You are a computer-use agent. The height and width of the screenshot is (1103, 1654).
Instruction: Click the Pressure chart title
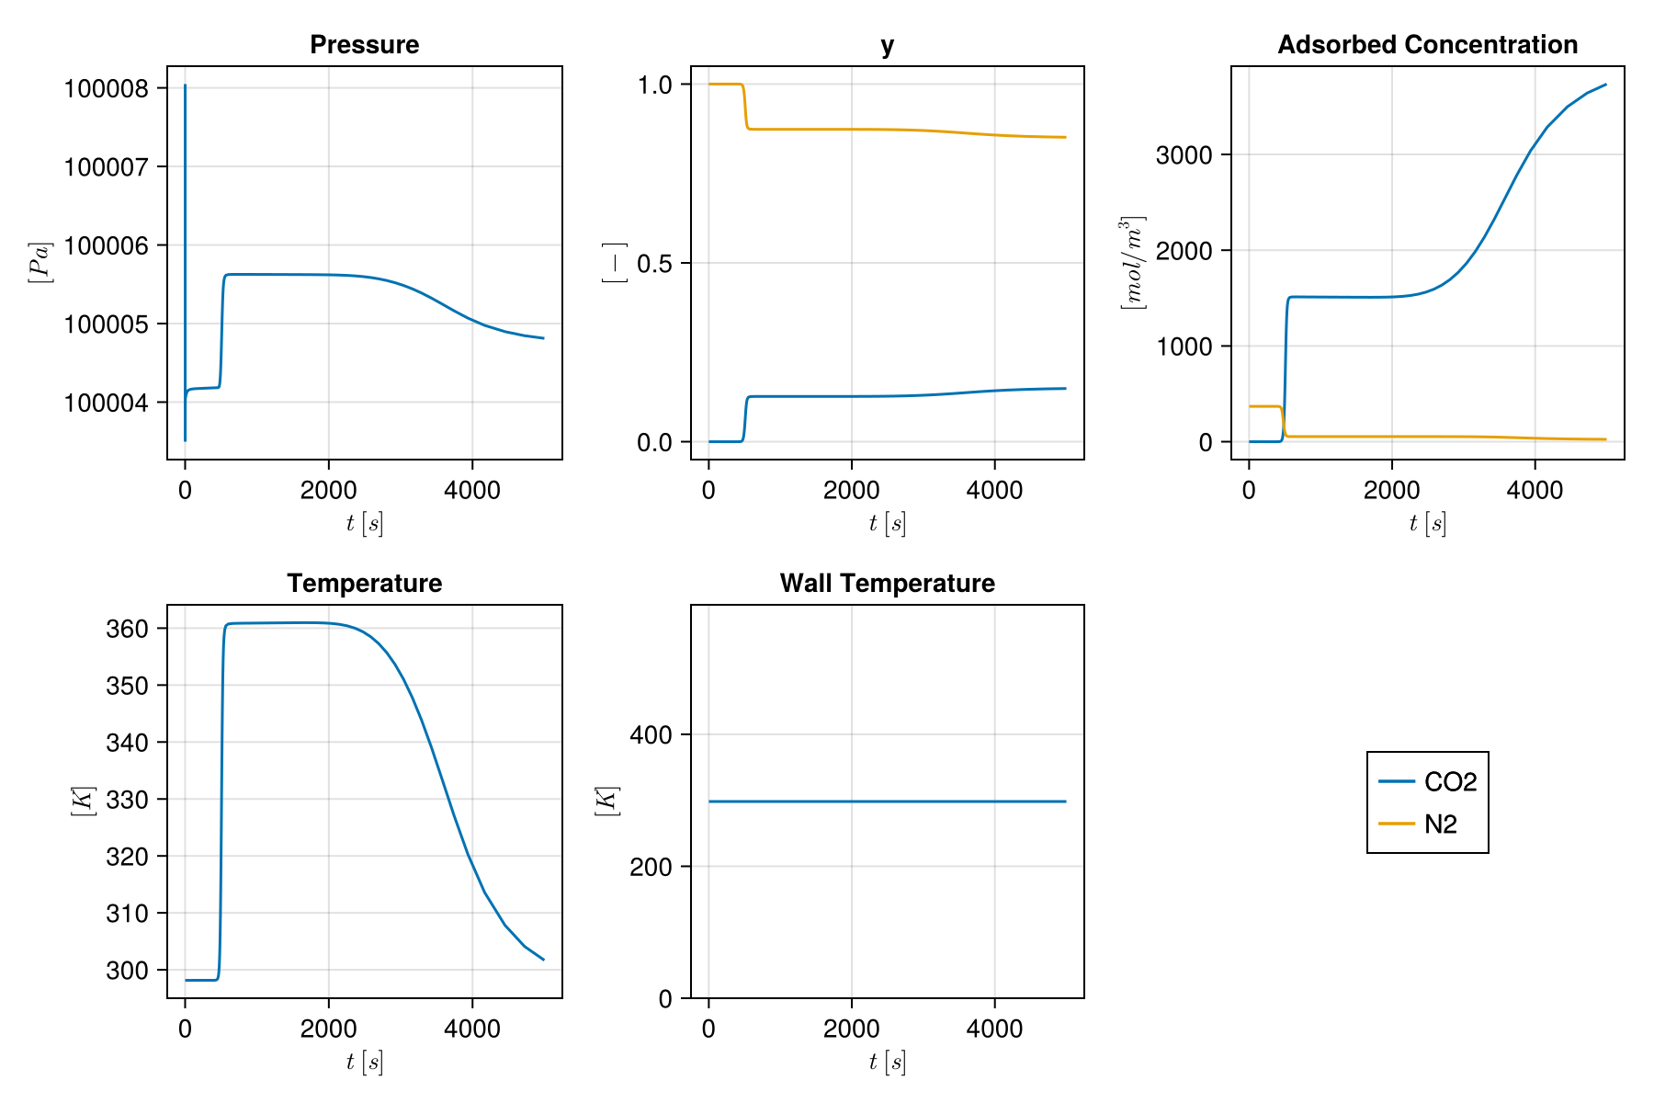click(364, 44)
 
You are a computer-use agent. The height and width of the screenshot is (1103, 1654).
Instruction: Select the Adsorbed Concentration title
click(1427, 44)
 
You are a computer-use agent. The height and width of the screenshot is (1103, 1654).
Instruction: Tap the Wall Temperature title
click(887, 583)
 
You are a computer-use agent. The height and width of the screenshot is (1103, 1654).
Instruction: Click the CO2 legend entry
click(1449, 781)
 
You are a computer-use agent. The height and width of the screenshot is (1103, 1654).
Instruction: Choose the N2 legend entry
click(1440, 824)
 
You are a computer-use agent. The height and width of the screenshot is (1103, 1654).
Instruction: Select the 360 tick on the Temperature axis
click(127, 629)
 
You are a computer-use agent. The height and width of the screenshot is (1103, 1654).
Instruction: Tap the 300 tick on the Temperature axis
click(127, 970)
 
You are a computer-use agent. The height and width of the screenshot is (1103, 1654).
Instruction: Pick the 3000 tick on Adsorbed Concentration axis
click(1184, 154)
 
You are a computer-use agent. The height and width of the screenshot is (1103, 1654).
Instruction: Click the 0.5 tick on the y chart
click(655, 264)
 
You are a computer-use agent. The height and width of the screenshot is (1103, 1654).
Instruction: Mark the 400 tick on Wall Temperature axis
click(651, 734)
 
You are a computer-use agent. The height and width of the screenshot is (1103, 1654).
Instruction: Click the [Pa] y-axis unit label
click(40, 263)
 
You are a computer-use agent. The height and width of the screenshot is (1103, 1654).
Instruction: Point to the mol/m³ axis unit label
click(1132, 263)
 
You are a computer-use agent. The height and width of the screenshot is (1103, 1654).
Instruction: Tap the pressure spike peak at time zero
click(186, 86)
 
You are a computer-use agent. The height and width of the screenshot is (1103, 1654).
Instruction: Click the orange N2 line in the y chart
click(887, 130)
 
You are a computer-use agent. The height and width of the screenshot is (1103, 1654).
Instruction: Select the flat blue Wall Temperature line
click(887, 802)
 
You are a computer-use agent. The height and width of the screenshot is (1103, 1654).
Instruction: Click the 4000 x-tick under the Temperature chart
click(471, 1029)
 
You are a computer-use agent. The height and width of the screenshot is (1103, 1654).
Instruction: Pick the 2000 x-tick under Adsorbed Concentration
click(1391, 490)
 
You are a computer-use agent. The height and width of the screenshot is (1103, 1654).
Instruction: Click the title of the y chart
click(887, 45)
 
